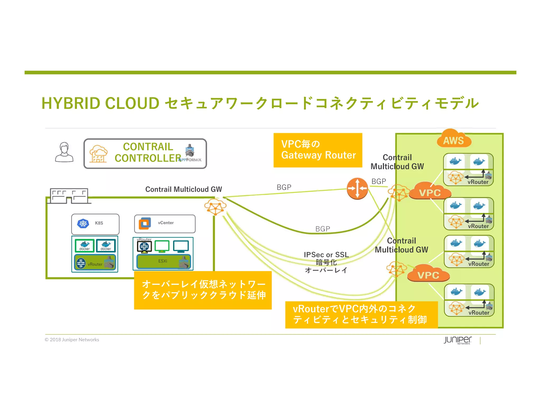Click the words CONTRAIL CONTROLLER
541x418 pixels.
[x=148, y=152]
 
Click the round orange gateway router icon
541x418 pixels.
[x=357, y=188]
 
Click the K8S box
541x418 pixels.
[x=95, y=223]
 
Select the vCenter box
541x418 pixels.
[x=165, y=223]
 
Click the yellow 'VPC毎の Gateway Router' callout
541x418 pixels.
[x=318, y=150]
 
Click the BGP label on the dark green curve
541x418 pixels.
[x=323, y=229]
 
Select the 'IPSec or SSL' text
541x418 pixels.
[x=326, y=254]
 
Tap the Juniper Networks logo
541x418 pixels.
[x=458, y=340]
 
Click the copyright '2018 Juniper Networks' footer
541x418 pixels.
[x=72, y=340]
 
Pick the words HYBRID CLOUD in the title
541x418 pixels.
[x=100, y=103]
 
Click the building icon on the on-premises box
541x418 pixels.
[x=69, y=196]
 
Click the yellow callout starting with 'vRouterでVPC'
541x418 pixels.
[x=361, y=314]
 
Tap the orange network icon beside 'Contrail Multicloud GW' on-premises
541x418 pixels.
[x=215, y=207]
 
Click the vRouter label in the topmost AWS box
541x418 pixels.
[x=478, y=182]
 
